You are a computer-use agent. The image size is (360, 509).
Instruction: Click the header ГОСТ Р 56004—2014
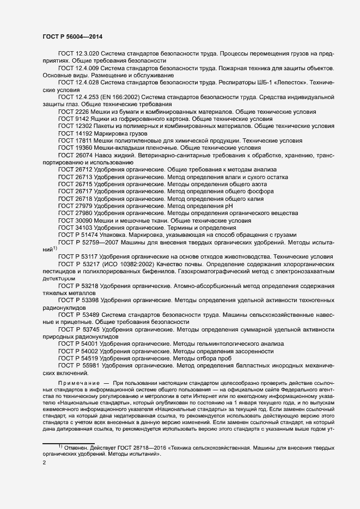point(72,36)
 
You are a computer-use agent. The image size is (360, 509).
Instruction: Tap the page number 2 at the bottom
point(44,463)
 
